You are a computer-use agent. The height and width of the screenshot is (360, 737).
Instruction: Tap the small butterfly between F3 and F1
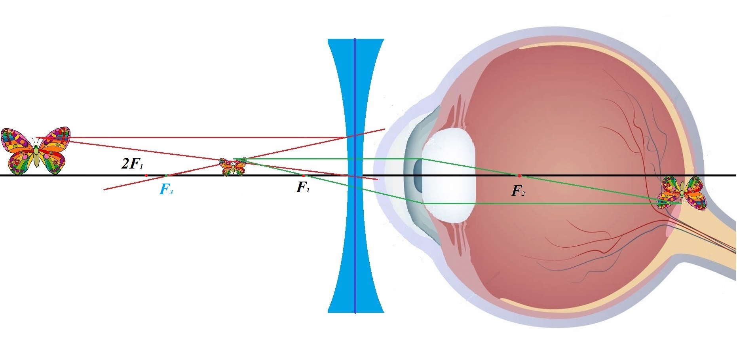point(233,167)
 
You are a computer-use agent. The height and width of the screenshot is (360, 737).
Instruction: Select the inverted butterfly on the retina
point(682,193)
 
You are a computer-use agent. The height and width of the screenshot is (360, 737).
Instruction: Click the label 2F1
point(132,164)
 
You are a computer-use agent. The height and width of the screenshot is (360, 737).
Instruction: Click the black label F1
point(303,188)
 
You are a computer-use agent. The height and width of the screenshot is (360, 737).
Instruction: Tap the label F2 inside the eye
point(518,191)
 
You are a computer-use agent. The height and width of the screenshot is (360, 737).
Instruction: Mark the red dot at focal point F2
point(519,175)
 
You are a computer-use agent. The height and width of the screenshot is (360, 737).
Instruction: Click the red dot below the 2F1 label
point(146,175)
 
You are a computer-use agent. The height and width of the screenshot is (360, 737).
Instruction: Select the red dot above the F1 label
point(303,175)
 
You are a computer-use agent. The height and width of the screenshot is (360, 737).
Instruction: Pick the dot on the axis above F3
point(166,175)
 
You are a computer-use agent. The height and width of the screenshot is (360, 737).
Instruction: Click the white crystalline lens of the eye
point(449,176)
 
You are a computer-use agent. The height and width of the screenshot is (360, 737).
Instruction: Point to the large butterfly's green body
point(36,156)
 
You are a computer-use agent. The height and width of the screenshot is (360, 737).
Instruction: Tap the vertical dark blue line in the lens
point(355,237)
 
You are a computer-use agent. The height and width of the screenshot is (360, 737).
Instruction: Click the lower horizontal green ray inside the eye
point(554,204)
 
